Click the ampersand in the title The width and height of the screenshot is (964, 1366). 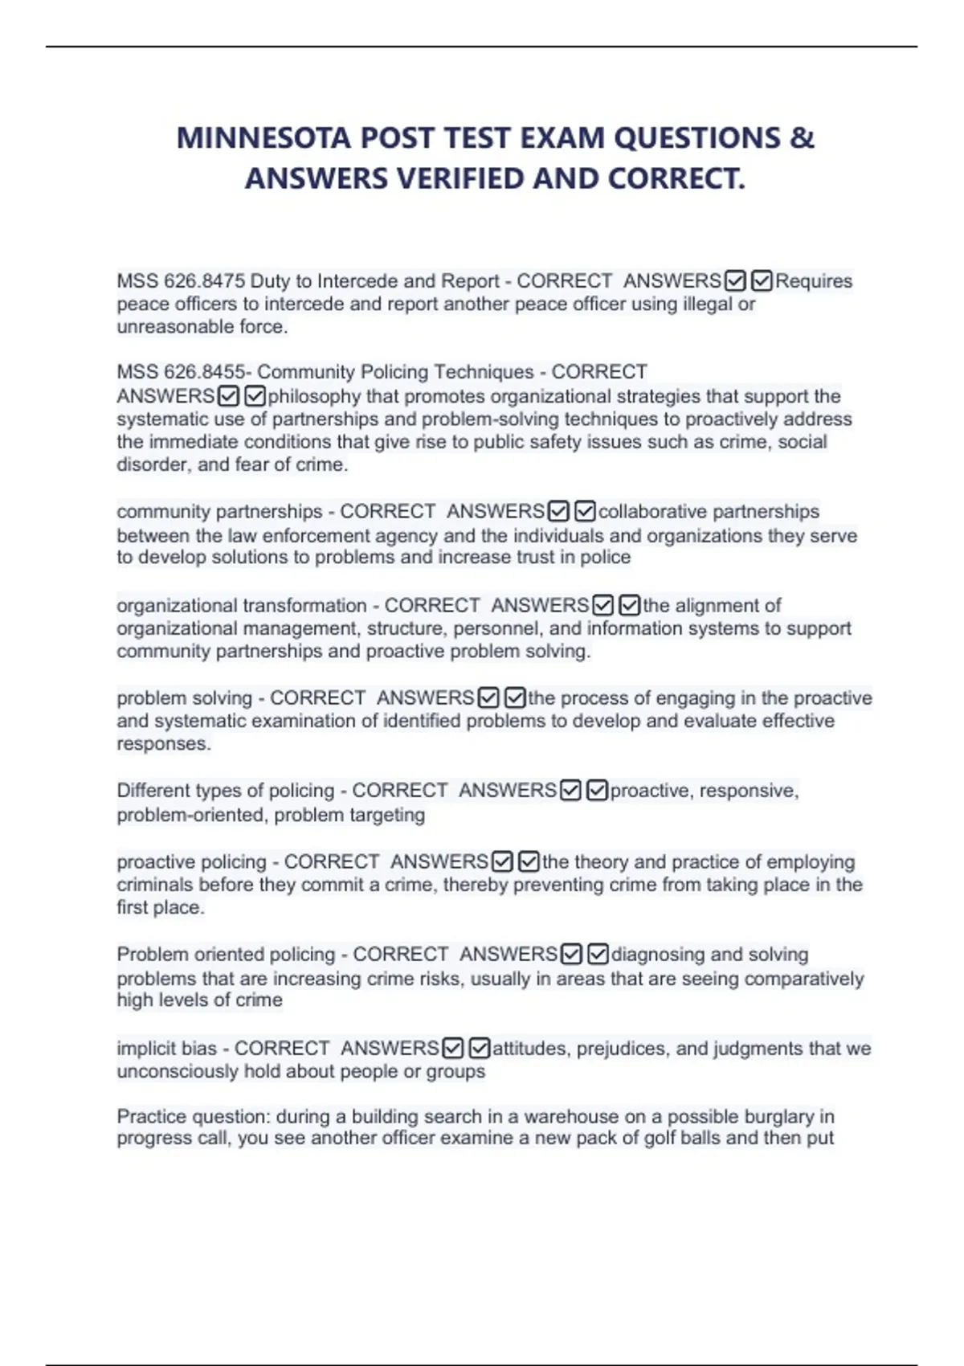click(x=802, y=138)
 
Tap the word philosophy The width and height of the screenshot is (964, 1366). click(x=314, y=396)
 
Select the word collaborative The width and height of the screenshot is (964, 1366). click(x=652, y=512)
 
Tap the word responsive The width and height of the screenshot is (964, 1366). click(x=749, y=791)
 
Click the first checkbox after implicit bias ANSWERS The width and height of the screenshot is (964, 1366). click(x=453, y=1049)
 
